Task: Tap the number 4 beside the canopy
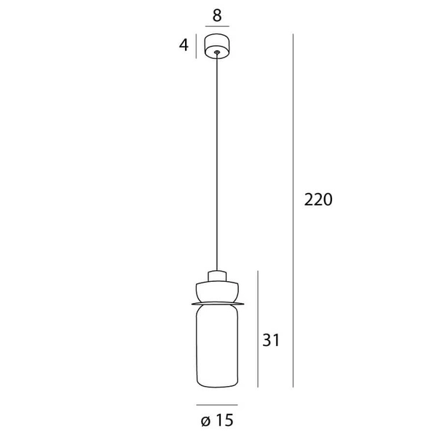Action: (x=184, y=45)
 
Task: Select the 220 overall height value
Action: (x=318, y=200)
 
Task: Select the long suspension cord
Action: (x=216, y=160)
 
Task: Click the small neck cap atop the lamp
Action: (x=216, y=276)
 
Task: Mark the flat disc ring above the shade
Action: (x=216, y=302)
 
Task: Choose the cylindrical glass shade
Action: (x=216, y=346)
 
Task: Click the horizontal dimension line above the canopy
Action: (x=216, y=27)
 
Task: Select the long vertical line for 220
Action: (x=293, y=211)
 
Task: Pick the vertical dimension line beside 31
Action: (x=258, y=328)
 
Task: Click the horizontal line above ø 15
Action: (x=216, y=404)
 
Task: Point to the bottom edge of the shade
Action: (x=216, y=387)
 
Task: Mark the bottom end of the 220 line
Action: (x=293, y=387)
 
